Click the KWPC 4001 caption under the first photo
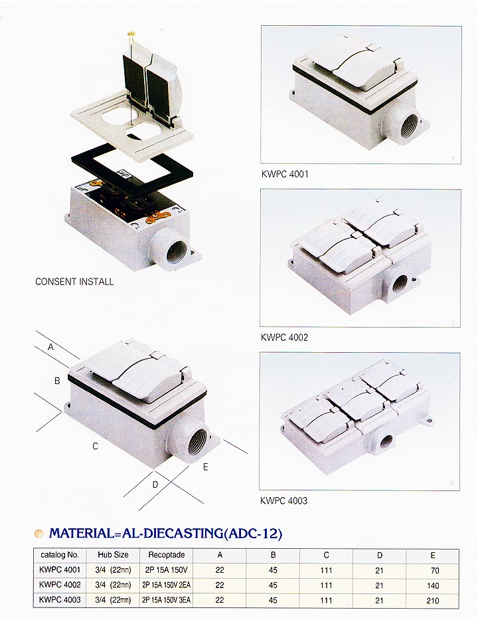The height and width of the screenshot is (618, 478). tap(285, 174)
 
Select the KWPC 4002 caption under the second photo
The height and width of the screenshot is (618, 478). tap(284, 338)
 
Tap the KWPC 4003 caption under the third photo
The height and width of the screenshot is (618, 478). tap(284, 500)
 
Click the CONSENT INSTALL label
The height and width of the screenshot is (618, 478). tap(74, 282)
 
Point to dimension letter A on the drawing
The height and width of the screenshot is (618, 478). tap(51, 348)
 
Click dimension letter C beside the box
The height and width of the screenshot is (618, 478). tap(96, 446)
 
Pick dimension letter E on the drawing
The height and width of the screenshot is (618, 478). tap(205, 467)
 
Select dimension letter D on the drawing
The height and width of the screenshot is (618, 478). tap(155, 484)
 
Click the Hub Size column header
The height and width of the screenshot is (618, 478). tap(113, 555)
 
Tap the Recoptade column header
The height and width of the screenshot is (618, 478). tap(167, 555)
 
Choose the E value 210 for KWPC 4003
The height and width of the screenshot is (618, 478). tap(433, 601)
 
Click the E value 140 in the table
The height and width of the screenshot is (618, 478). tap(433, 585)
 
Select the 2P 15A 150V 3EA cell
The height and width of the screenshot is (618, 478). tap(166, 600)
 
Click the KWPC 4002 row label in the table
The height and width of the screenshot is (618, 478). tap(60, 585)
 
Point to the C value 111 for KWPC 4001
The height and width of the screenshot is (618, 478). tap(326, 570)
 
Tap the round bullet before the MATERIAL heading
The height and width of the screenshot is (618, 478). tap(39, 534)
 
